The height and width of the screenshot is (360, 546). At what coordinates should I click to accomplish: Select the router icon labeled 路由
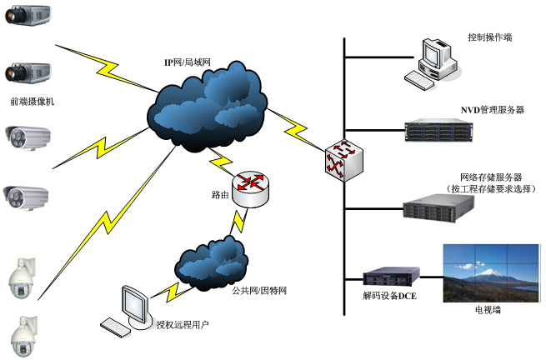[x=251, y=190]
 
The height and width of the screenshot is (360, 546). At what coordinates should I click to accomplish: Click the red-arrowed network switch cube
[x=343, y=157]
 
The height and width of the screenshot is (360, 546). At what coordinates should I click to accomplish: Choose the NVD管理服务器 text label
[x=492, y=110]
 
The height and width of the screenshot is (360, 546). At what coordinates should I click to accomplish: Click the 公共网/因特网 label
[x=259, y=291]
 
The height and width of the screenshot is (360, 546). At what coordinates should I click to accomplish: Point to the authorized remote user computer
[x=129, y=309]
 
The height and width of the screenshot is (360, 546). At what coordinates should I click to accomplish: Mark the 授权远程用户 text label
[x=182, y=324]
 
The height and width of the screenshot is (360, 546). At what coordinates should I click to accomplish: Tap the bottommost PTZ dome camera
[x=23, y=334]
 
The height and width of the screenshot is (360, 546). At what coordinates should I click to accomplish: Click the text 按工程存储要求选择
[x=492, y=189]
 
